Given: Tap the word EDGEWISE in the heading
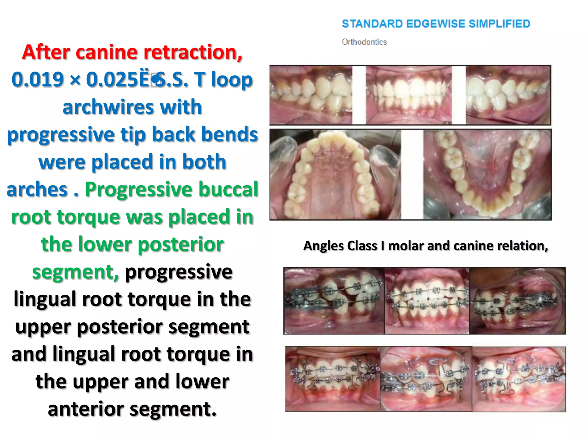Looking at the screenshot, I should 436,24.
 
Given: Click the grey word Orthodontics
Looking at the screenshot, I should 364,42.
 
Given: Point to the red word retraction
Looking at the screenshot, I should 193,52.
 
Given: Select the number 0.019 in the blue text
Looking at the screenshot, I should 38,80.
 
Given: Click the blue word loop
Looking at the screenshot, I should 232,80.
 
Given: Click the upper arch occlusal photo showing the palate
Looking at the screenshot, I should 335,175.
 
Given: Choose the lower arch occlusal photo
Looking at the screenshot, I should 487,175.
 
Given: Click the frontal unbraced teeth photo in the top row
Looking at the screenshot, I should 409,95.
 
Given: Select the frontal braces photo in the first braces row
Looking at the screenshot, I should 427,301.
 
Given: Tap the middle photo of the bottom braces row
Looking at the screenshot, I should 426,379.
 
